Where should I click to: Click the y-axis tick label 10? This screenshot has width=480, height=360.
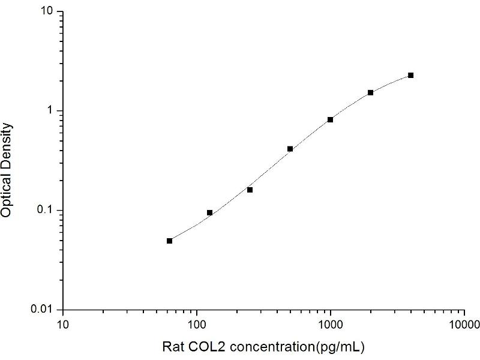tap(49, 12)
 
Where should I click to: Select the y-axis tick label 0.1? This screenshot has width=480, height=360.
tap(47, 210)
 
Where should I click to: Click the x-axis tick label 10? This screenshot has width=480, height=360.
tap(63, 325)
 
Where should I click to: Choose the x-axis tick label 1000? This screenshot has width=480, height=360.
tap(330, 325)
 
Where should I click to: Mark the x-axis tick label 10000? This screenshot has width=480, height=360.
tap(464, 325)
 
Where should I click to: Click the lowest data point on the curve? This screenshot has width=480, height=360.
tap(170, 241)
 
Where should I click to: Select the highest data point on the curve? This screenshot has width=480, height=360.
tap(411, 75)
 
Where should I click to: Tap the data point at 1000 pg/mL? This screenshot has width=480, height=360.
tap(331, 119)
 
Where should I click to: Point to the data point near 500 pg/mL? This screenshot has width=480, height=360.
tap(290, 148)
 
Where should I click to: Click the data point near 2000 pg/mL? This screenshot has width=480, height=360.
tap(371, 92)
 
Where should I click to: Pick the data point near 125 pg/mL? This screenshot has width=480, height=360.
tap(210, 212)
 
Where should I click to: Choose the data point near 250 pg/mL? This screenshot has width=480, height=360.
tap(250, 190)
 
